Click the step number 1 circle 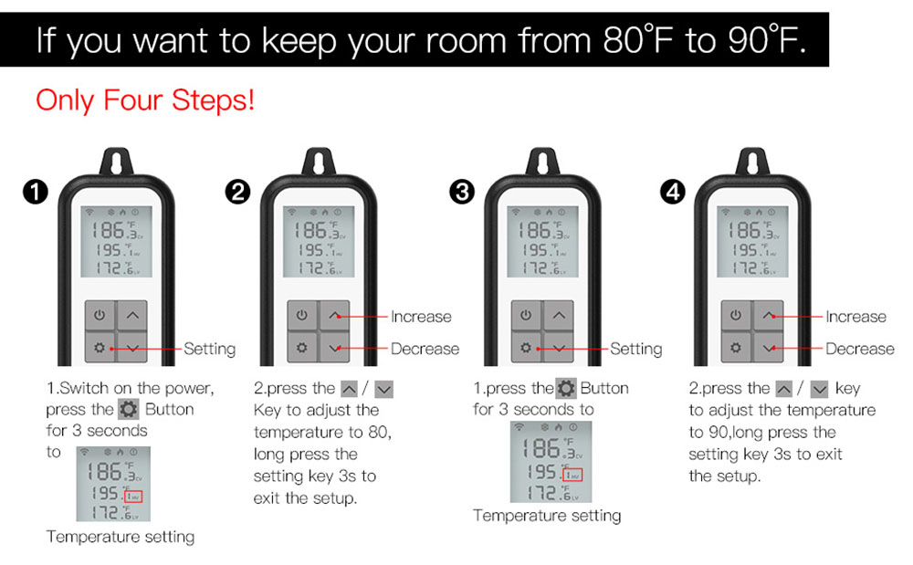(x=35, y=192)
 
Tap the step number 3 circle (x=462, y=192)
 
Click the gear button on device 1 (x=100, y=349)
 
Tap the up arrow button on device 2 (x=336, y=316)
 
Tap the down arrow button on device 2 (x=336, y=349)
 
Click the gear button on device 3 (x=526, y=349)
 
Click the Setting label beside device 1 (x=209, y=349)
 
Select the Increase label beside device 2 (x=421, y=317)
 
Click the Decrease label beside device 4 (x=860, y=349)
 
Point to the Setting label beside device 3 (x=635, y=349)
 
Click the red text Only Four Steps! (x=145, y=100)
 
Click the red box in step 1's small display (x=134, y=497)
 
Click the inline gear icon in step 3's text (x=566, y=388)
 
